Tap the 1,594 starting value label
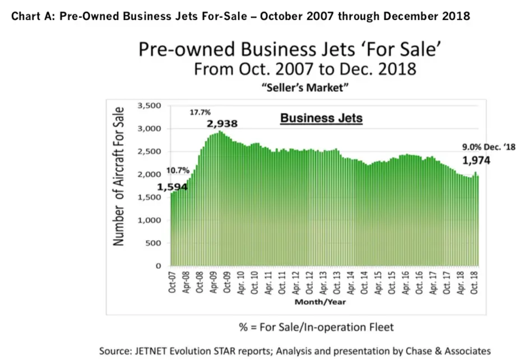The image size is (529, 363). click(x=173, y=188)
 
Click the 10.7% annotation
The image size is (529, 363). click(x=178, y=170)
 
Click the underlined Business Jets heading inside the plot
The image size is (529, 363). click(x=321, y=119)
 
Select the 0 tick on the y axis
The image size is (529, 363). click(x=158, y=266)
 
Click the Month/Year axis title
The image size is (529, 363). click(x=321, y=302)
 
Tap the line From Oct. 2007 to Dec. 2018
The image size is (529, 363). click(x=305, y=70)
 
